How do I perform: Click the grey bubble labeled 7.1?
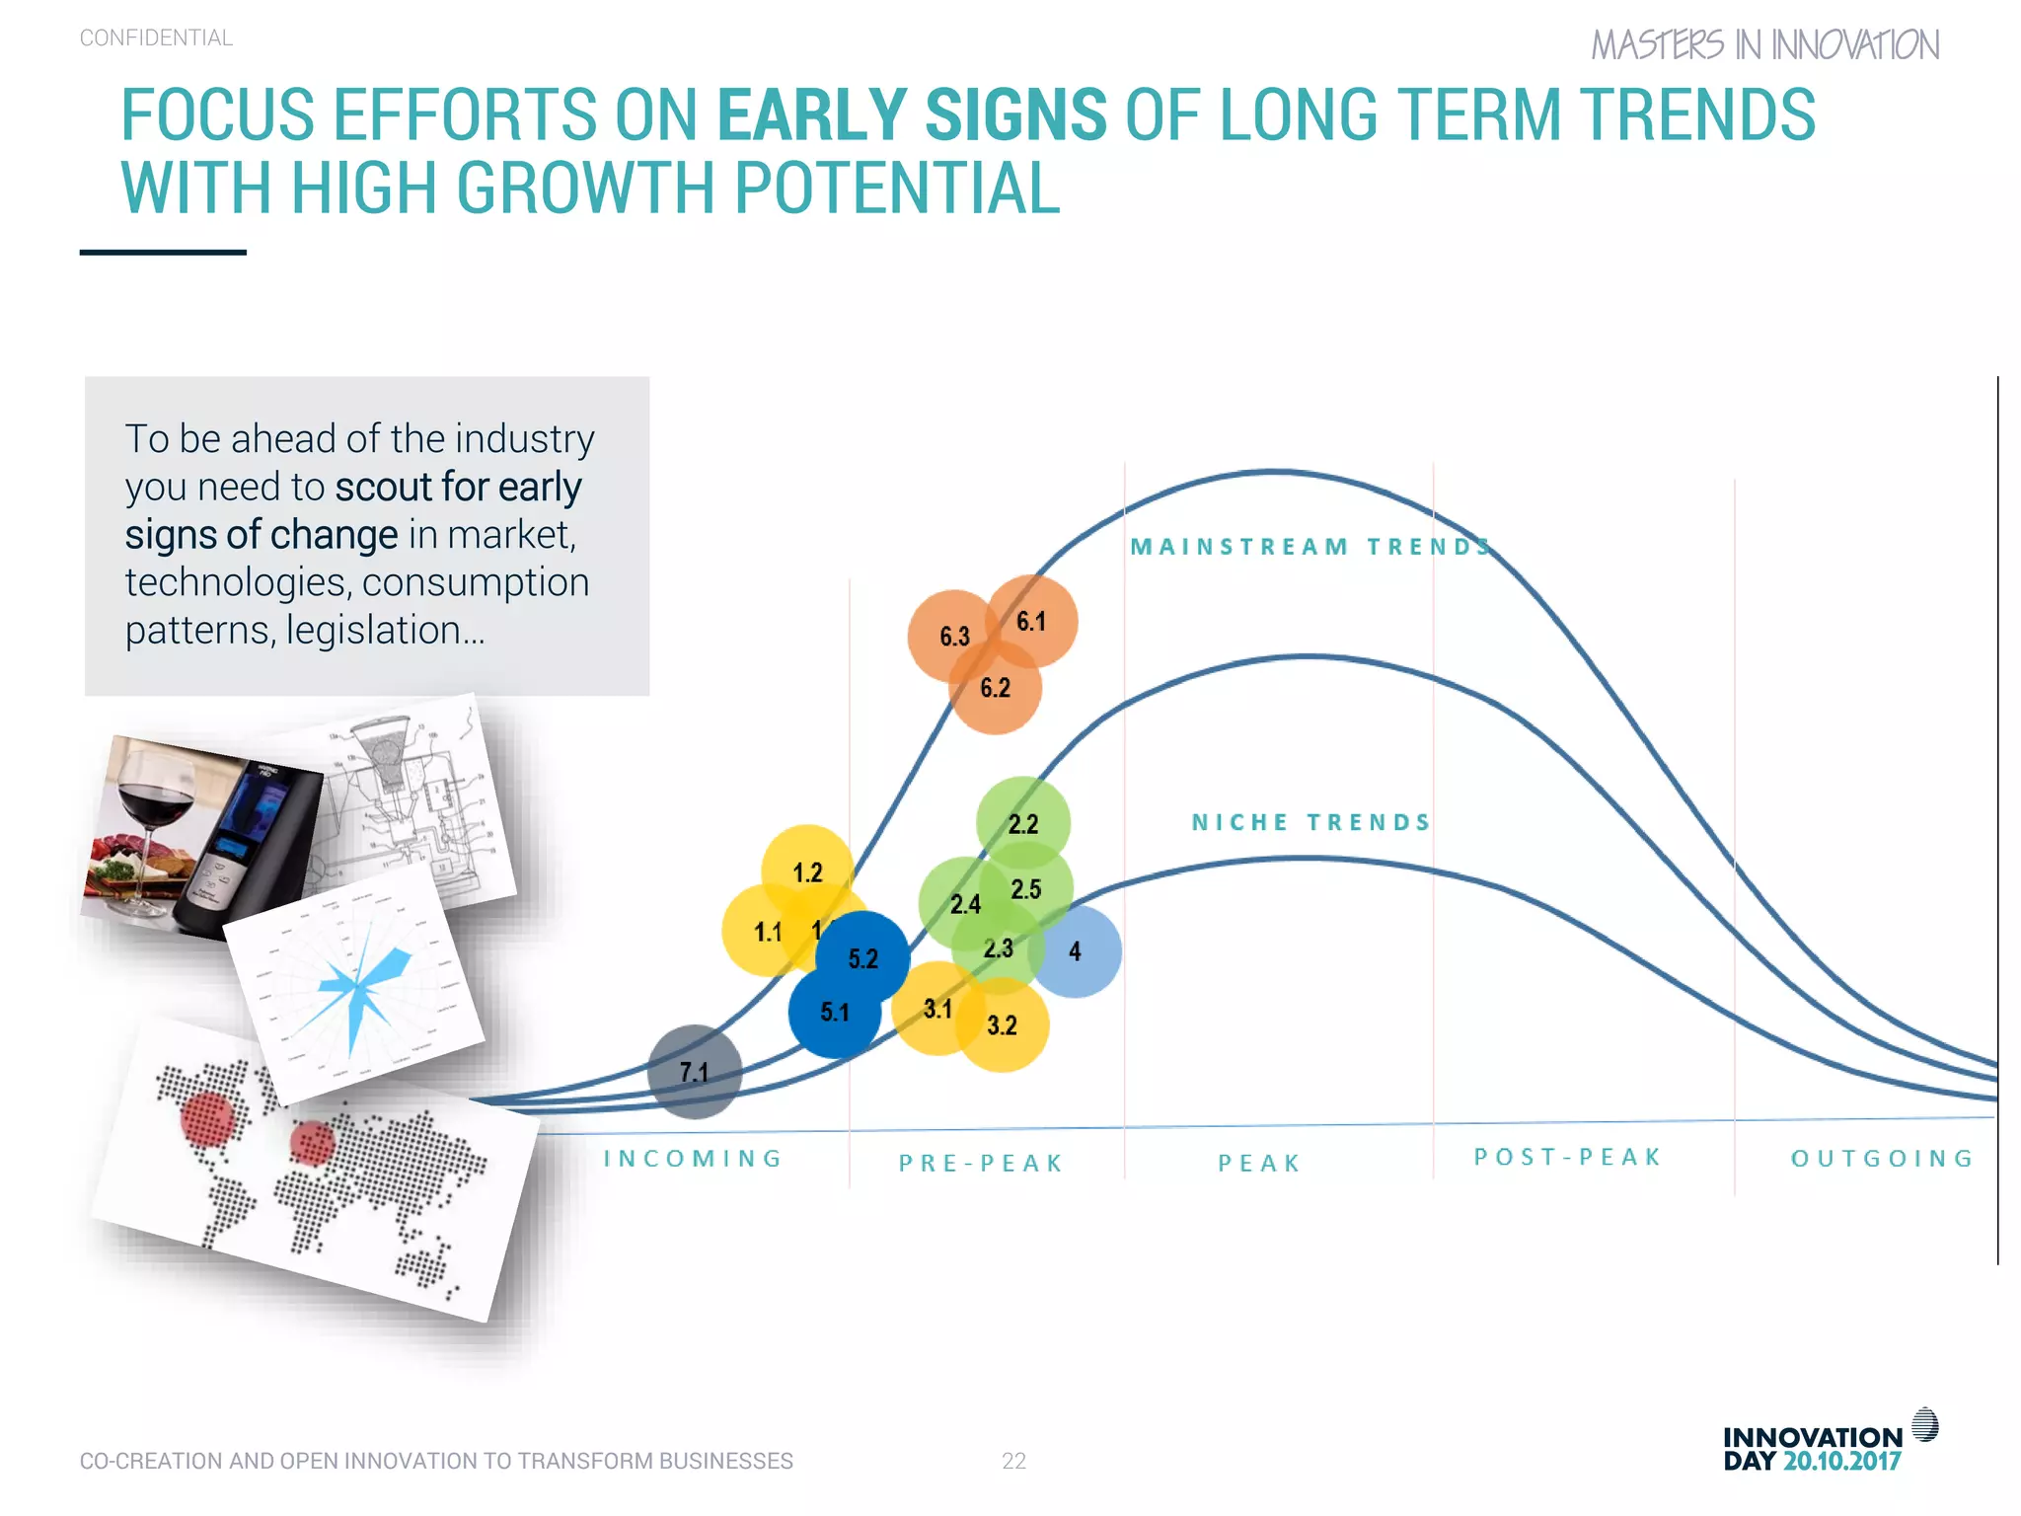pyautogui.click(x=694, y=1072)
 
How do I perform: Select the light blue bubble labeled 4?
pyautogui.click(x=1075, y=951)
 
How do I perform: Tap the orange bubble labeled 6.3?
pyautogui.click(x=953, y=636)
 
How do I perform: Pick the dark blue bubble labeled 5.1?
pyautogui.click(x=834, y=1013)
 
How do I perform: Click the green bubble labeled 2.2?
pyautogui.click(x=1023, y=823)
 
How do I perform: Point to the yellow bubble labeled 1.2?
pyautogui.click(x=807, y=872)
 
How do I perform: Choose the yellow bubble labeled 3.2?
pyautogui.click(x=1002, y=1025)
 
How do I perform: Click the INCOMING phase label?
pyautogui.click(x=694, y=1159)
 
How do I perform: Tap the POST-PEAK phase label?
pyautogui.click(x=1568, y=1157)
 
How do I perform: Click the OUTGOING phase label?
pyautogui.click(x=1882, y=1159)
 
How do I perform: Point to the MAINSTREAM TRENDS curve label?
pyautogui.click(x=1310, y=547)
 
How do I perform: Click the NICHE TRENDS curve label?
pyautogui.click(x=1310, y=822)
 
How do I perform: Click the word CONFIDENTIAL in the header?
pyautogui.click(x=156, y=38)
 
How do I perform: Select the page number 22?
pyautogui.click(x=1013, y=1461)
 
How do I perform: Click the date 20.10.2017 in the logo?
pyautogui.click(x=1841, y=1462)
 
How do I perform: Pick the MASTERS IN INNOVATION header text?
pyautogui.click(x=1764, y=45)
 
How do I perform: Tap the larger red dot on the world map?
pyautogui.click(x=207, y=1120)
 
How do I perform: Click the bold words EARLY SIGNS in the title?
pyautogui.click(x=912, y=115)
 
